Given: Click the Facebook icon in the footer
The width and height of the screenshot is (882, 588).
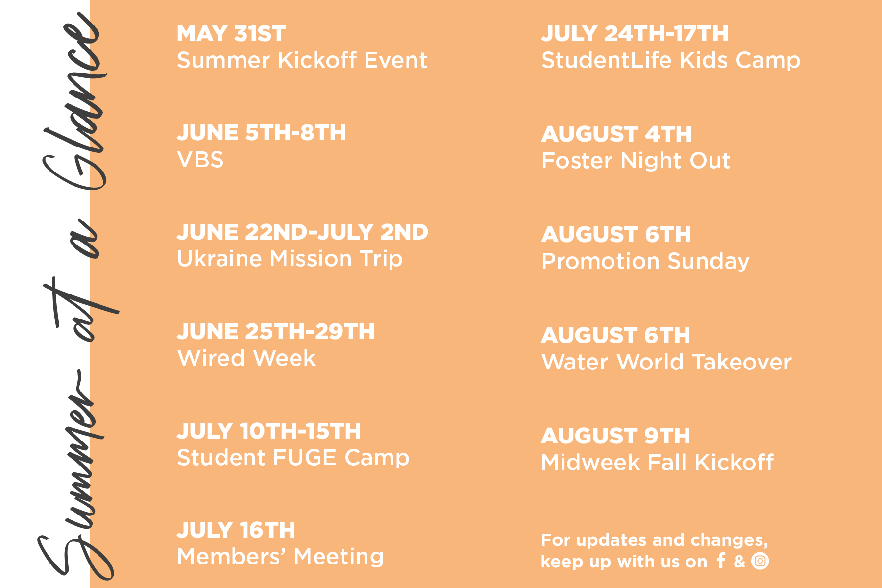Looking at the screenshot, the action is [721, 560].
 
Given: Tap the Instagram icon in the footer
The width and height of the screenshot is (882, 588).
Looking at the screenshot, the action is [760, 561].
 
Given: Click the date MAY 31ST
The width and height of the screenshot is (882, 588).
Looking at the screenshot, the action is [231, 34].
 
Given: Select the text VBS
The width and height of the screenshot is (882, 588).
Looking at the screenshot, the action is [200, 160].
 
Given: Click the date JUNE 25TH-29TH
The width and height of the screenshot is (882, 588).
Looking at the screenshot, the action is [276, 332].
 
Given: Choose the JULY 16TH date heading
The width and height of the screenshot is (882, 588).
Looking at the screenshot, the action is [236, 530].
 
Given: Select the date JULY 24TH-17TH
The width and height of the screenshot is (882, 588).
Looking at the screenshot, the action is [635, 34].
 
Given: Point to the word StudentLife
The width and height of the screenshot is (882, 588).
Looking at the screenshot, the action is [607, 60].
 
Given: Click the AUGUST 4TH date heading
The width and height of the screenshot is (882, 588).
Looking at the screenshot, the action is [616, 134].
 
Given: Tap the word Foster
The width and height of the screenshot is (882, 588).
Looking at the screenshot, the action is [577, 161].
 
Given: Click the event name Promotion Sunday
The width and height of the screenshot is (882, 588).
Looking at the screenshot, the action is [645, 261].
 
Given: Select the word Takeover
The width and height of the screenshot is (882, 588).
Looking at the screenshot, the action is [742, 362].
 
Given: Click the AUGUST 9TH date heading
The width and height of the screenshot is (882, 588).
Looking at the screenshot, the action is [616, 436].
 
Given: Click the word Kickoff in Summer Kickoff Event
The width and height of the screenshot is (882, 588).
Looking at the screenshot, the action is [318, 60].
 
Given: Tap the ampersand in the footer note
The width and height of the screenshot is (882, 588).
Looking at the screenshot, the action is [739, 561].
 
